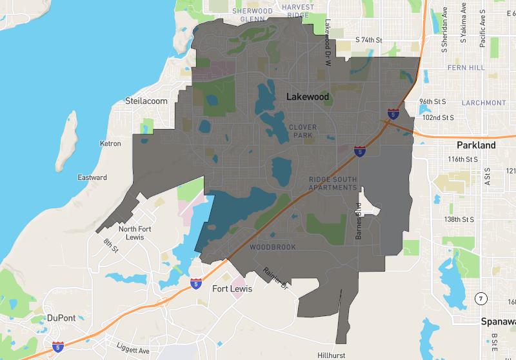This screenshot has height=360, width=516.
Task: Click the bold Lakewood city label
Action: click(x=308, y=97)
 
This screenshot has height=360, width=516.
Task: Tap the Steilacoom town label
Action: click(x=146, y=101)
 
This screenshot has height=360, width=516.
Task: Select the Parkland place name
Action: click(x=476, y=145)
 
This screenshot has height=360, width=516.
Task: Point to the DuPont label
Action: click(x=62, y=317)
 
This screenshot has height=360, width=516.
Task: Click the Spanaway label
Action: click(x=498, y=321)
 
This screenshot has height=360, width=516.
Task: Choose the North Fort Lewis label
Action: click(x=135, y=233)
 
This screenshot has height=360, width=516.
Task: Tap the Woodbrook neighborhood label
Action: click(x=272, y=247)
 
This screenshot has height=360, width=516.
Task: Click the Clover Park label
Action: click(x=303, y=131)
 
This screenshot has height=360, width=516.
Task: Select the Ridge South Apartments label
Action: click(x=333, y=183)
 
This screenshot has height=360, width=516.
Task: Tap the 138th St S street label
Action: click(x=456, y=219)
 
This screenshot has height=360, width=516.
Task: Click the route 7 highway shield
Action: click(x=480, y=298)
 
